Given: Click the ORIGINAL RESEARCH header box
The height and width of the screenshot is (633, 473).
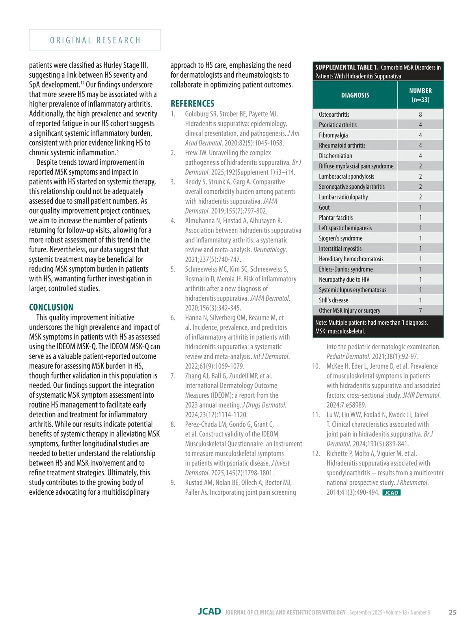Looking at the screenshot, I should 95,40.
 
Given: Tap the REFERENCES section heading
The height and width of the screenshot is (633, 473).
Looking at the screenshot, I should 192,104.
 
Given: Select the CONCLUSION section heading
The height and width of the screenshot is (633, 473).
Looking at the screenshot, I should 51,307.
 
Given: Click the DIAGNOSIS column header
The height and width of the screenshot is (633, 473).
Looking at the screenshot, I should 355,95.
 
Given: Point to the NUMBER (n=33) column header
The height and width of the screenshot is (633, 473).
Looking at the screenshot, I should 420,95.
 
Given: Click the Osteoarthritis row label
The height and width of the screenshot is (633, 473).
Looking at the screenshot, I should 334,115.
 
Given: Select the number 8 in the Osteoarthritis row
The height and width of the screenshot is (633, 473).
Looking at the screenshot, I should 420,115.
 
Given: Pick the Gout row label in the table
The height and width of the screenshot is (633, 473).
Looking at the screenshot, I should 324,207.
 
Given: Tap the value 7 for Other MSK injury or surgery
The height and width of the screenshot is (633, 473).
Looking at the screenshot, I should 420,311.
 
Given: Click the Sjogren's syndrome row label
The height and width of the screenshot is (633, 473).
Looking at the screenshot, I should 341,238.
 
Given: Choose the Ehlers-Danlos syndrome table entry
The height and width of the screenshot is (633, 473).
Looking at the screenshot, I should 346,269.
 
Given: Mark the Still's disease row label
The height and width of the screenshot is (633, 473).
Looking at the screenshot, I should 333,300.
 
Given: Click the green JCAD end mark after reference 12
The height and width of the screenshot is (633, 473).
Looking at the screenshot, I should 391,493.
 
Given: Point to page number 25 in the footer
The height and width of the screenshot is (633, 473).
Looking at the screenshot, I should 453,612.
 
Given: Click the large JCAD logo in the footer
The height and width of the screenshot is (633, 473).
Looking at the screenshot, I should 209,612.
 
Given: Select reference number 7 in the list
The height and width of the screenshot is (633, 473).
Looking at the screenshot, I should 173,376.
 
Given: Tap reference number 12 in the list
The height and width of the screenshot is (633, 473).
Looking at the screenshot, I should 316,454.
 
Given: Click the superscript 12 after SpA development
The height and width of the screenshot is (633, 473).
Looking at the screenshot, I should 83,82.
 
